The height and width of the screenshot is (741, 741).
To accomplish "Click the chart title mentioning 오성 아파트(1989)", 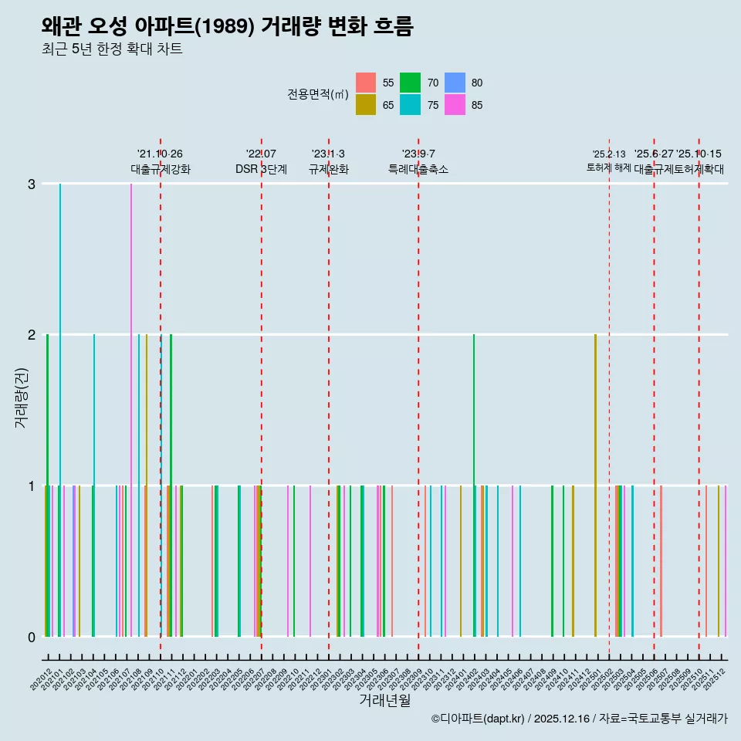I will click(x=228, y=27).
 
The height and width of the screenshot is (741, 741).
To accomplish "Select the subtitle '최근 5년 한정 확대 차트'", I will click(x=112, y=50).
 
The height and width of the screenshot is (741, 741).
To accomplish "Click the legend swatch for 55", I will click(x=366, y=83).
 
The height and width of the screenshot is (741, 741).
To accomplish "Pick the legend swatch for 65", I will click(x=366, y=105).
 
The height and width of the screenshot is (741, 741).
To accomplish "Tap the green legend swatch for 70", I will click(x=411, y=83).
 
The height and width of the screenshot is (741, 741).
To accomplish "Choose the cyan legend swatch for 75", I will click(x=411, y=105).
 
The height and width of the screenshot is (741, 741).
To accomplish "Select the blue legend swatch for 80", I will click(x=455, y=83).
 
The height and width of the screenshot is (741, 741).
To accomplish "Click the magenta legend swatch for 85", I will click(x=455, y=105).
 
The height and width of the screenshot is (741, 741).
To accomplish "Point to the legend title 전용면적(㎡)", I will click(x=318, y=94).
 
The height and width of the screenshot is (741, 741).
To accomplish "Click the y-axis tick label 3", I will click(x=31, y=184).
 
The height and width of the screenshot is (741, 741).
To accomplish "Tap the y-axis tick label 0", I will click(x=31, y=637).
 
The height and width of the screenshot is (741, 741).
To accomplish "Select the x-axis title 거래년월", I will click(x=384, y=701).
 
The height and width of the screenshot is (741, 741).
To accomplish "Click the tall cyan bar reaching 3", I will click(x=60, y=409).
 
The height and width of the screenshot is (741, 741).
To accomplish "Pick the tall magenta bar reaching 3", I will click(x=131, y=409).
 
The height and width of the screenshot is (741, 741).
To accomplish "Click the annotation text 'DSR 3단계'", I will click(x=261, y=170).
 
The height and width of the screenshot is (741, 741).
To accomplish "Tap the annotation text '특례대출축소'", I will click(x=418, y=170).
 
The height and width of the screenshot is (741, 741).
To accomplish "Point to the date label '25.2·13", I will click(x=609, y=154).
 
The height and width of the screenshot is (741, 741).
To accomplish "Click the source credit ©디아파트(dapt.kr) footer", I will click(x=579, y=719).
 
